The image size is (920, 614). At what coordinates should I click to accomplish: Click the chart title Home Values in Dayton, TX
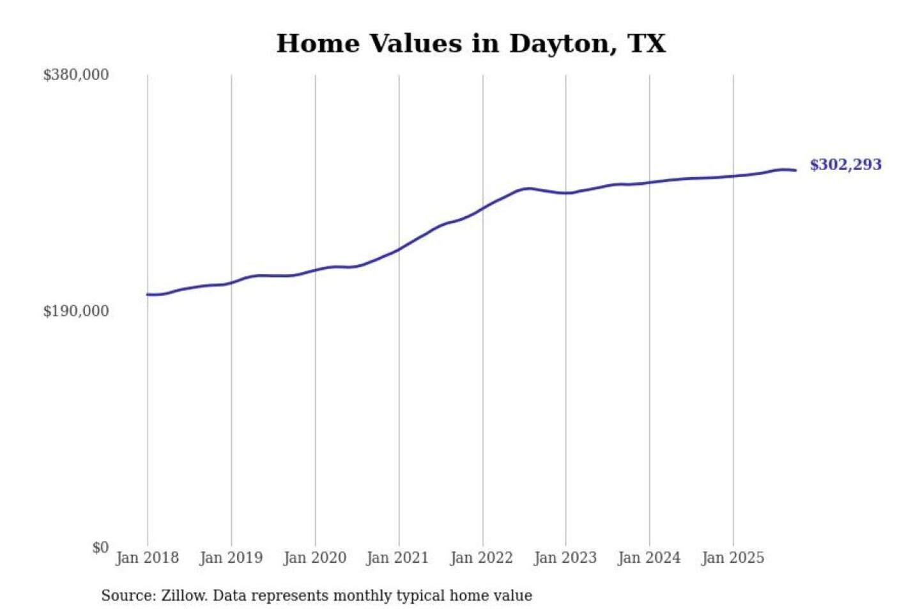[x=471, y=43]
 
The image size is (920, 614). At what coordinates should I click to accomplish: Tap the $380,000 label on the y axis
[x=76, y=75]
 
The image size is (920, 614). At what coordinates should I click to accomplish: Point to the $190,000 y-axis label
[x=76, y=311]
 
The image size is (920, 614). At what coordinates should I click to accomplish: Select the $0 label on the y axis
[x=100, y=547]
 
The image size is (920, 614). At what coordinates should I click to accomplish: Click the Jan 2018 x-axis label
[x=148, y=558]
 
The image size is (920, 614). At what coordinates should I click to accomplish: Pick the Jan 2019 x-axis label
[x=231, y=558]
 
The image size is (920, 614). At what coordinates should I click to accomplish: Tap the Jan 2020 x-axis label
[x=315, y=558]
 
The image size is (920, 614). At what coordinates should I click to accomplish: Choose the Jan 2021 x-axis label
[x=397, y=558]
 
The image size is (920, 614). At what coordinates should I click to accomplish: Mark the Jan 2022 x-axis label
[x=482, y=558]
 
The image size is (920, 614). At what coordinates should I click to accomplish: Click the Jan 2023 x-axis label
[x=565, y=558]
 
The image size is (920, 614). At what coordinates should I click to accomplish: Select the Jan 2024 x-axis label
[x=649, y=558]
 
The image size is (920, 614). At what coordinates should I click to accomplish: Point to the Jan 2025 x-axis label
[x=733, y=558]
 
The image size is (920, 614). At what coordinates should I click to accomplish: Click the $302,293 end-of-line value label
[x=845, y=165]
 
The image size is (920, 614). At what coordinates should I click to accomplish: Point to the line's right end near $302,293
[x=795, y=170]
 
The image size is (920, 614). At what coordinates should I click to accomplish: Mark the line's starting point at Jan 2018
[x=148, y=294]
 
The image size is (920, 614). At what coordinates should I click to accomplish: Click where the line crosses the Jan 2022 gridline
[x=483, y=208]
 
